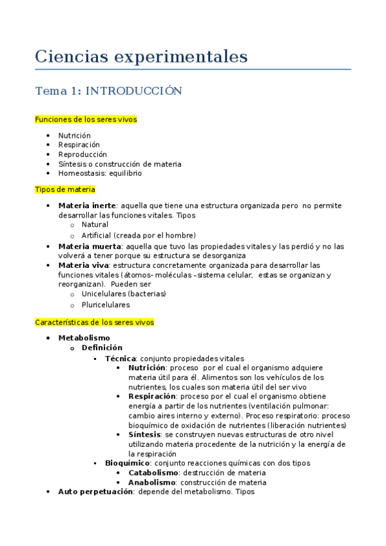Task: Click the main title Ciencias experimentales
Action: pyautogui.click(x=141, y=57)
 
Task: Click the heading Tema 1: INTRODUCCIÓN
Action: pyautogui.click(x=108, y=91)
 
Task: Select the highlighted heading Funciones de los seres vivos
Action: pyautogui.click(x=86, y=119)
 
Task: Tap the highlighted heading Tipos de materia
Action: pyautogui.click(x=65, y=189)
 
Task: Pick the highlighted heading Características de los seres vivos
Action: pyautogui.click(x=94, y=322)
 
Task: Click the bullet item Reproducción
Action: pyautogui.click(x=82, y=155)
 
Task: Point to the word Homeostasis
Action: pyautogui.click(x=80, y=173)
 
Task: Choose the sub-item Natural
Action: pyautogui.click(x=95, y=225)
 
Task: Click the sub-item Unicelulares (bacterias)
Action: pyautogui.click(x=124, y=294)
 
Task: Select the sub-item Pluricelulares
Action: pyautogui.click(x=106, y=305)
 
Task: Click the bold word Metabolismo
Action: pyautogui.click(x=84, y=337)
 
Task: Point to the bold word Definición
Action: pyautogui.click(x=102, y=348)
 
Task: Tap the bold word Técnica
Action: pyautogui.click(x=121, y=358)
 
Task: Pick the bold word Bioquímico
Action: pyautogui.click(x=128, y=463)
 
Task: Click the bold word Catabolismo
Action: pyautogui.click(x=151, y=473)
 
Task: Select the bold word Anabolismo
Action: pyautogui.click(x=151, y=482)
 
